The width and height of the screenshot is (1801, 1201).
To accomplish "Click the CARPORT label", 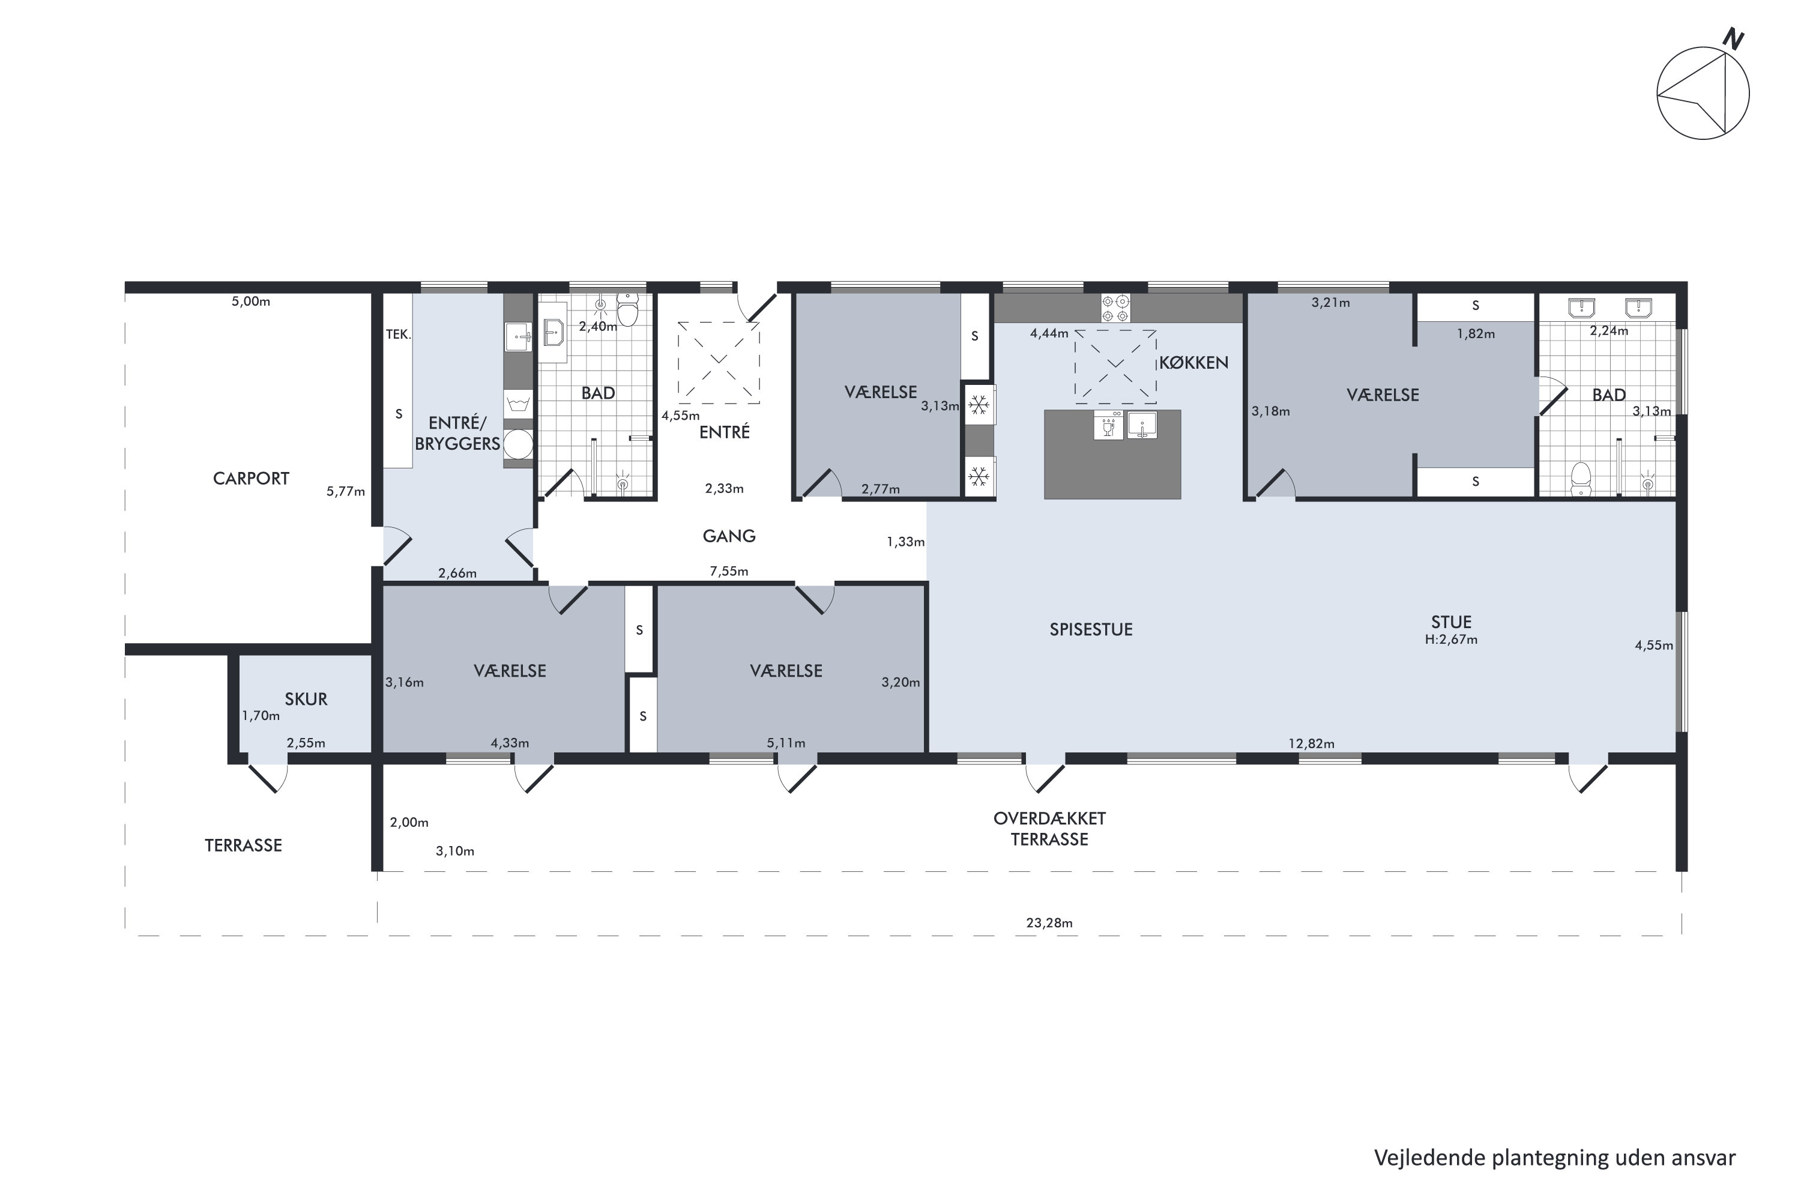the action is click(250, 479).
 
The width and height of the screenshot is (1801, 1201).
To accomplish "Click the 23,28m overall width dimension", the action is click(1049, 923).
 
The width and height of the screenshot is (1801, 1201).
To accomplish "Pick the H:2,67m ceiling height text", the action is click(1451, 640).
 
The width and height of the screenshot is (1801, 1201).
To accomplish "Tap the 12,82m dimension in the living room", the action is click(1311, 744).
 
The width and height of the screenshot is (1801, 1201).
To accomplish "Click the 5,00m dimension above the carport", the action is click(251, 302).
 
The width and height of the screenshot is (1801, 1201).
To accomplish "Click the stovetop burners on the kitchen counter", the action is click(1115, 308).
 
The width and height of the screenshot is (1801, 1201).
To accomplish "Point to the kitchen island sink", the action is click(1142, 425).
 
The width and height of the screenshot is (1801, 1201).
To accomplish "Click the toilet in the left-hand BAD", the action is click(627, 310).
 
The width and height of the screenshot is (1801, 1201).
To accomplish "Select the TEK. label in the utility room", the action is click(398, 334).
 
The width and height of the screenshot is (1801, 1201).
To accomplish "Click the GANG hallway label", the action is click(729, 536).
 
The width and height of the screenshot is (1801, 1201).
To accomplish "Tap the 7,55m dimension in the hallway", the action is click(729, 572).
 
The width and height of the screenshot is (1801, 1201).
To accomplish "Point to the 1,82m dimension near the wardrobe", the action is click(1476, 334).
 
